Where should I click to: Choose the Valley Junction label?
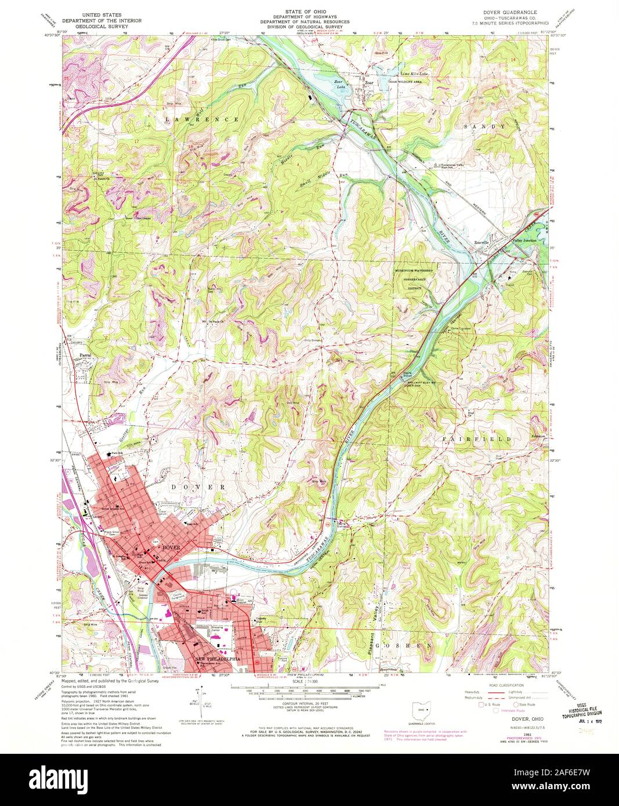(x=523, y=240)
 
